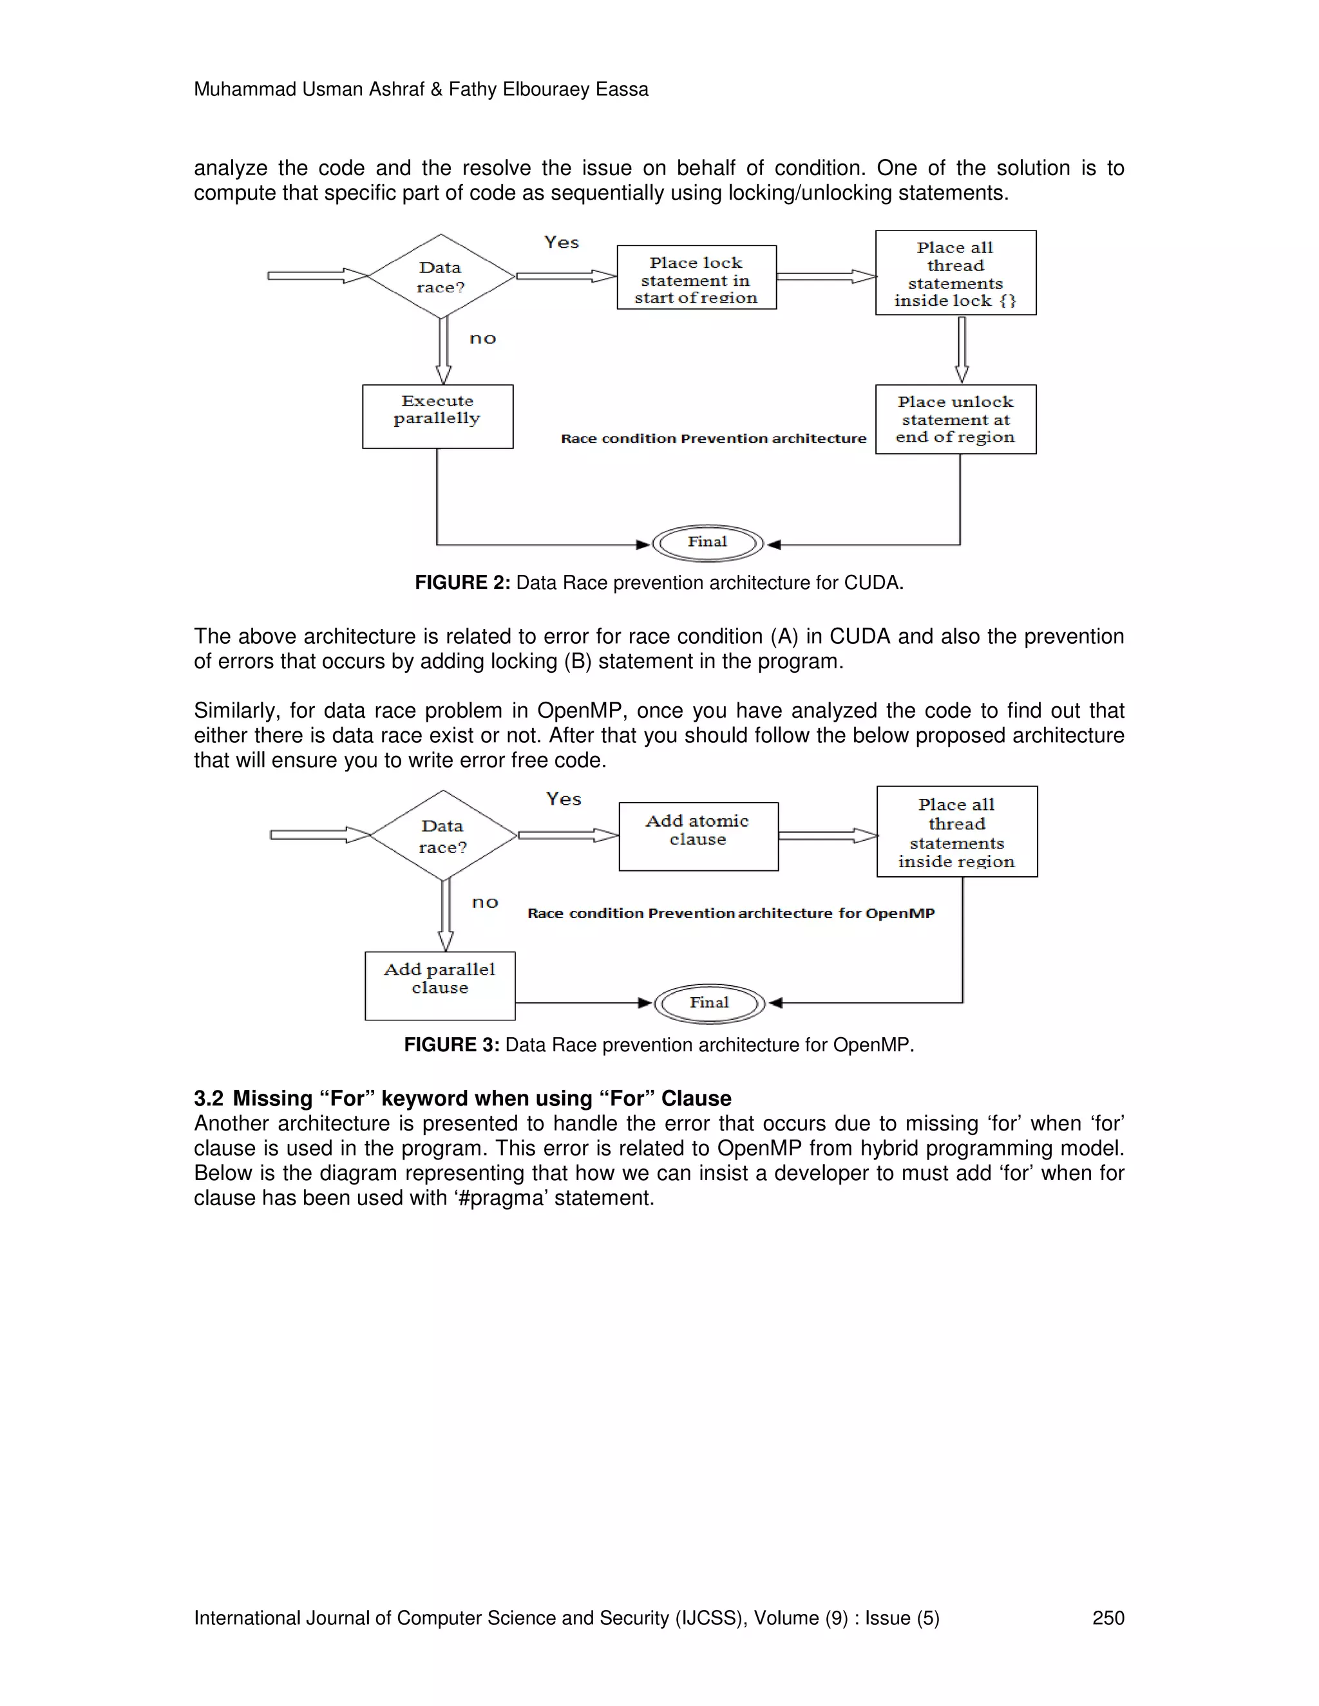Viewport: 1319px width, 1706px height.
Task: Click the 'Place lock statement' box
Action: coord(696,278)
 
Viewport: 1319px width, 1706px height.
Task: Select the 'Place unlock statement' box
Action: coord(955,420)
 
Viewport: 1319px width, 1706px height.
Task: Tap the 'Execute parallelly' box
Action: coord(437,417)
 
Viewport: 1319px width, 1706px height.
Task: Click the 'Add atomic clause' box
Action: coord(697,836)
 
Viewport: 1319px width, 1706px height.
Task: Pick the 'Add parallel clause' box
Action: coord(440,985)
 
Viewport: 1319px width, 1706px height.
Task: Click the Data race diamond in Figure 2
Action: coord(441,277)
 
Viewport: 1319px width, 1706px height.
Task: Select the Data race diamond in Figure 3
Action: coord(443,836)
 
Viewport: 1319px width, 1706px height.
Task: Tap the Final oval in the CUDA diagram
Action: coord(707,543)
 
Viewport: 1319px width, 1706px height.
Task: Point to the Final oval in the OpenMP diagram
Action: coord(708,1004)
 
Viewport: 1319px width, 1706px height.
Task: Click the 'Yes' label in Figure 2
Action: coord(562,243)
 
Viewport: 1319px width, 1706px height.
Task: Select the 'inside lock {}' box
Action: coord(955,272)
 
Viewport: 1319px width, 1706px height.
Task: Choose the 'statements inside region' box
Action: coord(956,832)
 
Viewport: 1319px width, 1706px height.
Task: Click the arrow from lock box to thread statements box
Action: coord(826,277)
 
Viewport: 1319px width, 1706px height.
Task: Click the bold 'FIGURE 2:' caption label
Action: coord(462,583)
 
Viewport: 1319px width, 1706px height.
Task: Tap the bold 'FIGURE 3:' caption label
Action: coord(451,1045)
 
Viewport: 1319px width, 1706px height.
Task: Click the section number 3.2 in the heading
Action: coord(209,1098)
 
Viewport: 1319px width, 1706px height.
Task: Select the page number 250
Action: coord(1107,1618)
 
